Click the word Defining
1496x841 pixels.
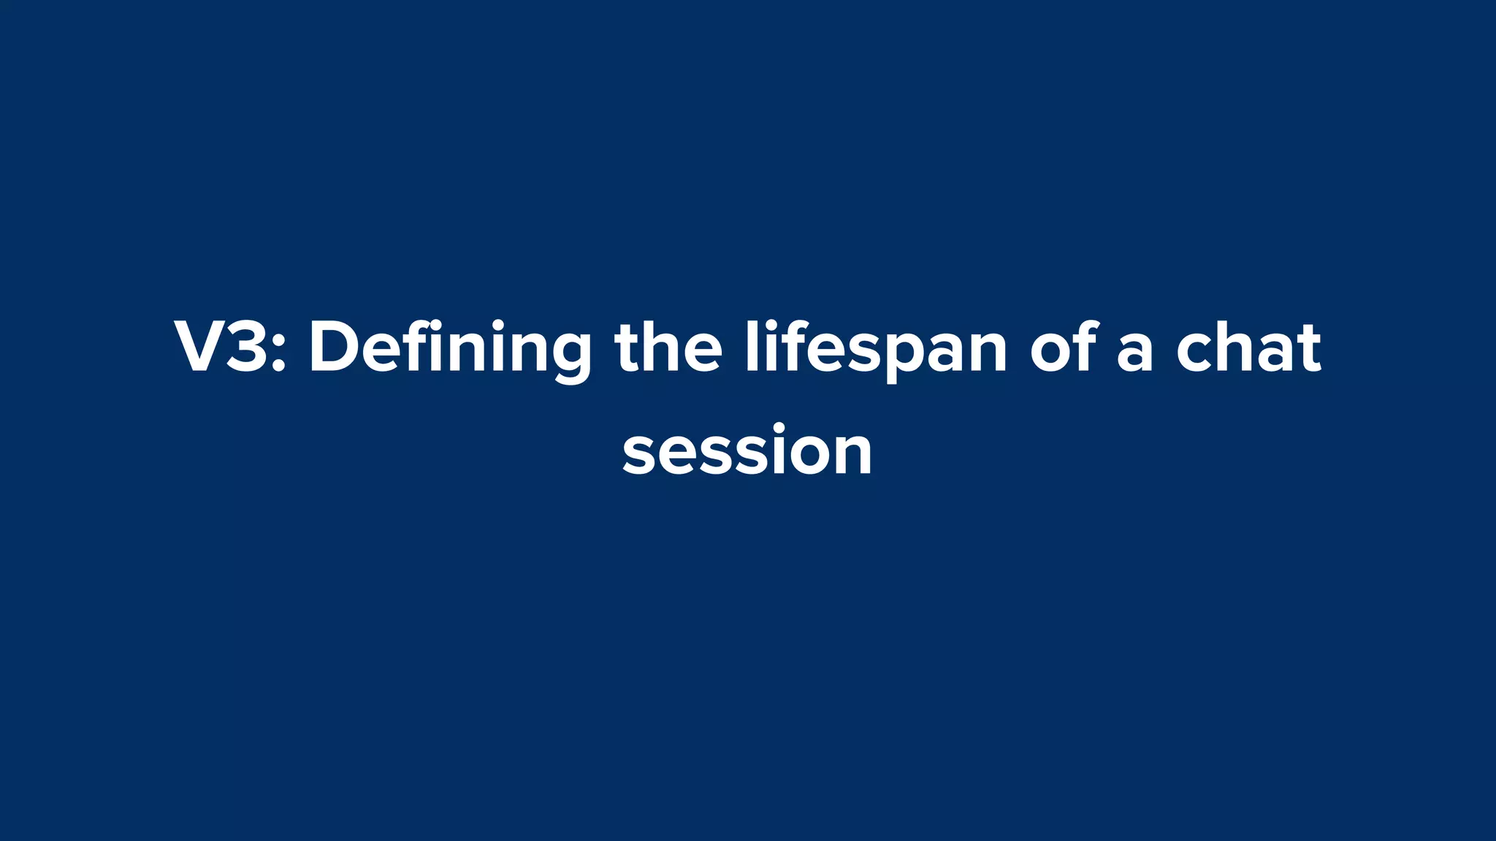(x=449, y=349)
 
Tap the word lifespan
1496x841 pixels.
(x=876, y=349)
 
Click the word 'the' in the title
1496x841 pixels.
(x=668, y=349)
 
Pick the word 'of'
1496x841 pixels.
(x=1063, y=349)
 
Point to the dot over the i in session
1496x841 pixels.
(x=779, y=428)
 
